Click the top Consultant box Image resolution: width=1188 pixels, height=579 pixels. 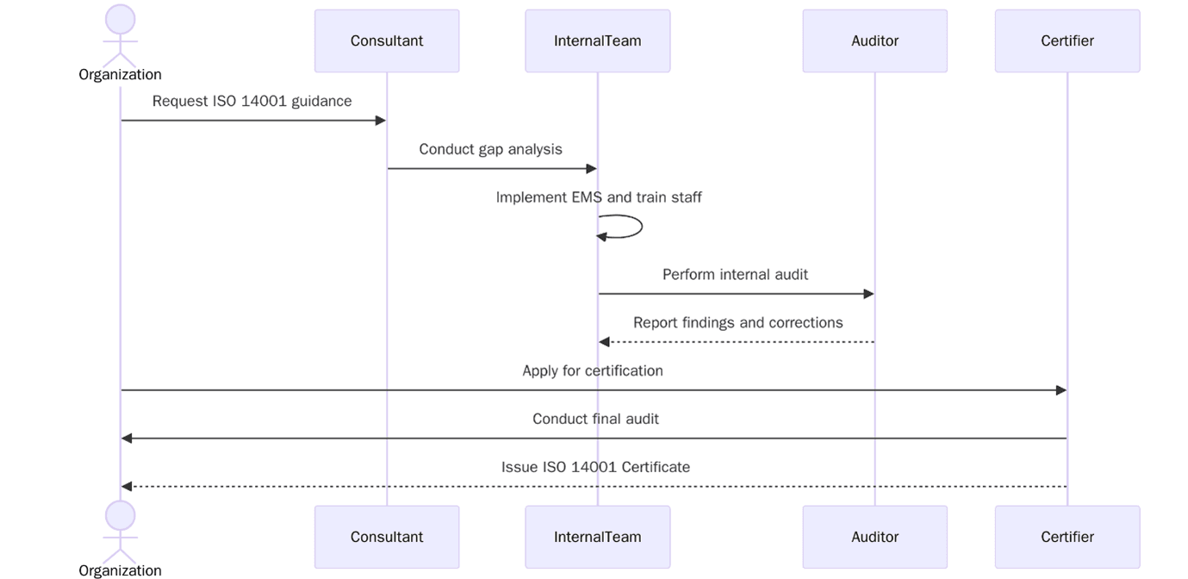pos(386,40)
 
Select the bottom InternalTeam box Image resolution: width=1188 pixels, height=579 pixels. pos(597,537)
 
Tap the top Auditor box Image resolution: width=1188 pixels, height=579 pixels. pos(874,40)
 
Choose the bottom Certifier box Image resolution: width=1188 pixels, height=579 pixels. pos(1067,537)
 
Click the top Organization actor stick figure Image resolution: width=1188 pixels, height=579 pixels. pos(120,34)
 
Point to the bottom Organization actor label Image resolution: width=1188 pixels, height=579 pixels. pos(120,570)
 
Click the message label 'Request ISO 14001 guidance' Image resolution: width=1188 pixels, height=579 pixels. pos(252,101)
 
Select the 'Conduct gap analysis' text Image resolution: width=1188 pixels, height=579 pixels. pos(490,149)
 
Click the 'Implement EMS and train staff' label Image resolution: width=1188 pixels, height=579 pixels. pos(599,197)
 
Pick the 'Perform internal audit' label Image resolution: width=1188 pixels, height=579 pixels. pos(735,275)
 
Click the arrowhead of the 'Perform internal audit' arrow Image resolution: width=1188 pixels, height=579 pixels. pos(868,294)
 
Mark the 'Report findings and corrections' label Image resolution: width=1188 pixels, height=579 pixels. pos(737,323)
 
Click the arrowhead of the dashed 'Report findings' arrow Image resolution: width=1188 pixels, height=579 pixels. pos(605,342)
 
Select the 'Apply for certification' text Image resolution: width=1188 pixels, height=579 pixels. pos(593,371)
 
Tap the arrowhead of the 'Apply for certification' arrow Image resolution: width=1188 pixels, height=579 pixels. pos(1060,390)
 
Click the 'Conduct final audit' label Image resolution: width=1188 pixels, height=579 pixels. pos(595,420)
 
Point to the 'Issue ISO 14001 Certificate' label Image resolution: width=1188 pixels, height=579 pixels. pos(595,468)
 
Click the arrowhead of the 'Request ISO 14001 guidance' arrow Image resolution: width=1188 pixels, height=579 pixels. pos(380,121)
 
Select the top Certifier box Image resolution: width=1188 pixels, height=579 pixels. pos(1067,40)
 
